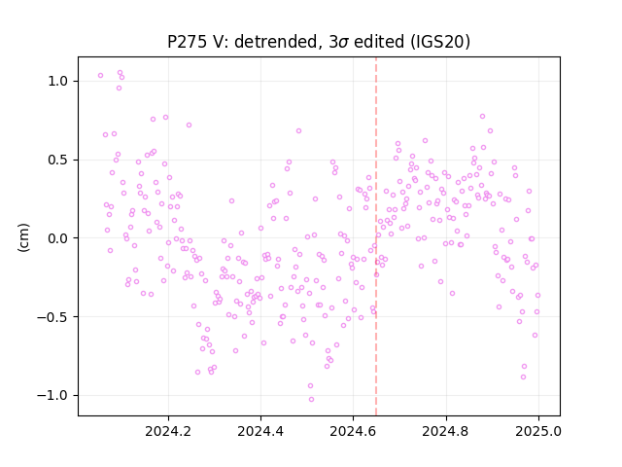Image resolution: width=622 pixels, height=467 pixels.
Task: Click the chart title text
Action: coord(319,42)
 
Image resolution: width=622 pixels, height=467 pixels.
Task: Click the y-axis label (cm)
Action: coord(23,237)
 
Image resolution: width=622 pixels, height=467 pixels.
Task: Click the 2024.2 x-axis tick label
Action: coord(168,431)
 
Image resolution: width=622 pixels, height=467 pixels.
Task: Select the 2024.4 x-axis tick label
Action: coord(260,431)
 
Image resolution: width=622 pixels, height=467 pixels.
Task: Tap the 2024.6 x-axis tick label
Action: coord(353,431)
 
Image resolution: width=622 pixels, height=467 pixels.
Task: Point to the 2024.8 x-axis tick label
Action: coord(446,431)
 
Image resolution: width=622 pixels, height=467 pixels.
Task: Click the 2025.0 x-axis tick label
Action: coord(538,431)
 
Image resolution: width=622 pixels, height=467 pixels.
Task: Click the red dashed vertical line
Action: coord(376,236)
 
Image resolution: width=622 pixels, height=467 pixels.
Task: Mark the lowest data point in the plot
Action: coord(311,400)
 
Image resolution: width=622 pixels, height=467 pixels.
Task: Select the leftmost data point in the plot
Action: coord(100,76)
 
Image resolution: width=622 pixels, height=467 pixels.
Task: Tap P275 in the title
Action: coord(187,42)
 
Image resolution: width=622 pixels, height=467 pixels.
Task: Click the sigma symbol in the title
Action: coord(343,43)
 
